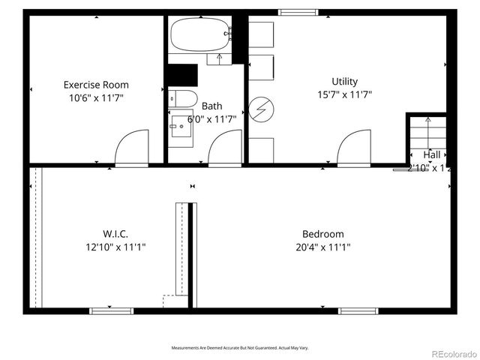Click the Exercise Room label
click(x=96, y=84)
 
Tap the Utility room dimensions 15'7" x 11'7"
click(x=344, y=94)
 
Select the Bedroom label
click(x=323, y=233)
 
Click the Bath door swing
click(x=225, y=147)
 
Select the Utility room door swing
click(x=354, y=148)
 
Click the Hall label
click(x=432, y=155)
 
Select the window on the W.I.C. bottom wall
click(x=111, y=310)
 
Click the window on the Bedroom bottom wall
click(x=358, y=310)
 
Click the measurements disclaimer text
click(x=240, y=348)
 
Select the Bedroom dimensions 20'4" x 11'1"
click(x=323, y=246)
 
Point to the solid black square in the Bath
click(x=182, y=74)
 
